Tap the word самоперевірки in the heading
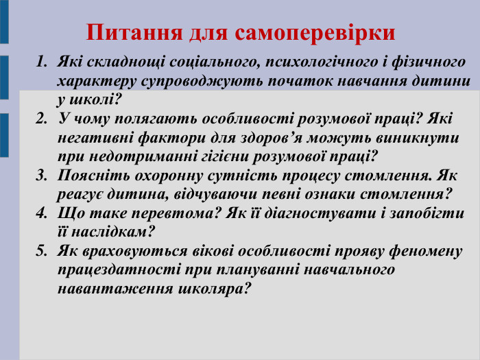[x=315, y=32]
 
